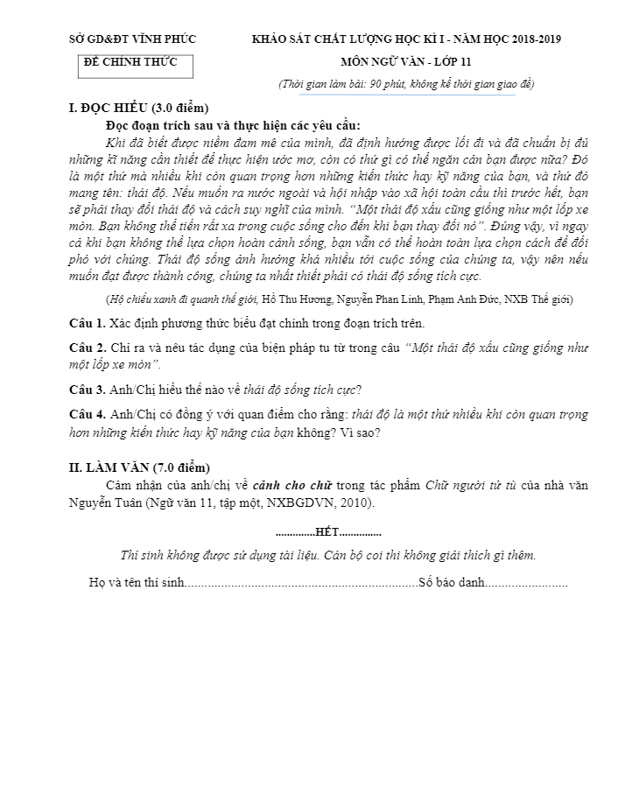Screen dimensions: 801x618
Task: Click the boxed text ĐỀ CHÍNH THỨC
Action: click(x=130, y=62)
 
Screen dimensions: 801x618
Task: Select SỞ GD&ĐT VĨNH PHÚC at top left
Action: click(x=132, y=39)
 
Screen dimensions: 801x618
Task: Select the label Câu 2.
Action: click(x=88, y=348)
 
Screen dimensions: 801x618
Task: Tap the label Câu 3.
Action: click(x=88, y=389)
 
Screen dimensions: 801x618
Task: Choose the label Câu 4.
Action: click(x=88, y=413)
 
